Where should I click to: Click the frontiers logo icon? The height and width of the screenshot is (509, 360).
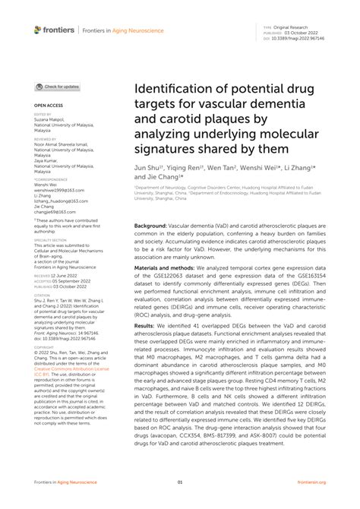tap(37, 30)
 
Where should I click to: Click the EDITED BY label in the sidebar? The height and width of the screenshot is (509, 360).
tap(43, 115)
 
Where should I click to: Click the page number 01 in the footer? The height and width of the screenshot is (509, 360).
tap(180, 482)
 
